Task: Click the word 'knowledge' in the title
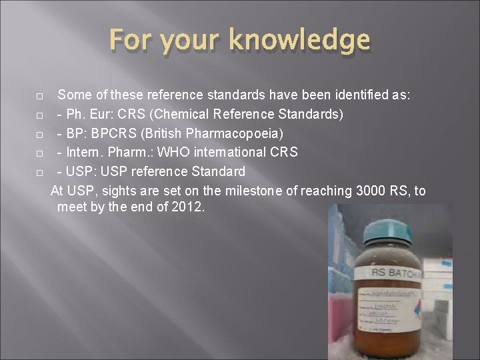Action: [299, 41]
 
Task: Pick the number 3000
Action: [371, 191]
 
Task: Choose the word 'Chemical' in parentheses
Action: [183, 114]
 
